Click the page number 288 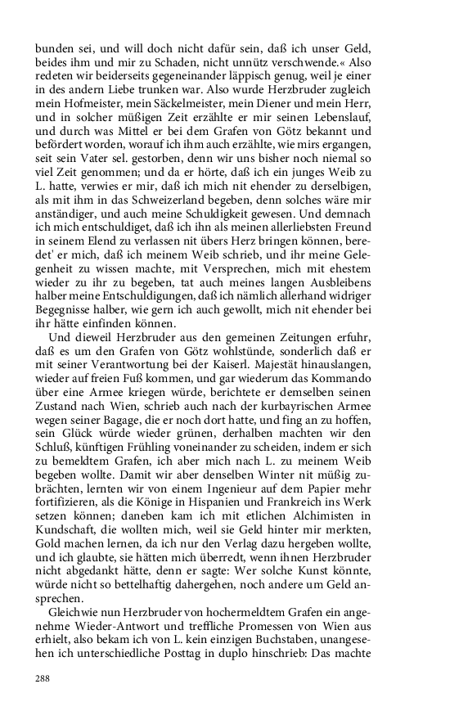pos(43,678)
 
